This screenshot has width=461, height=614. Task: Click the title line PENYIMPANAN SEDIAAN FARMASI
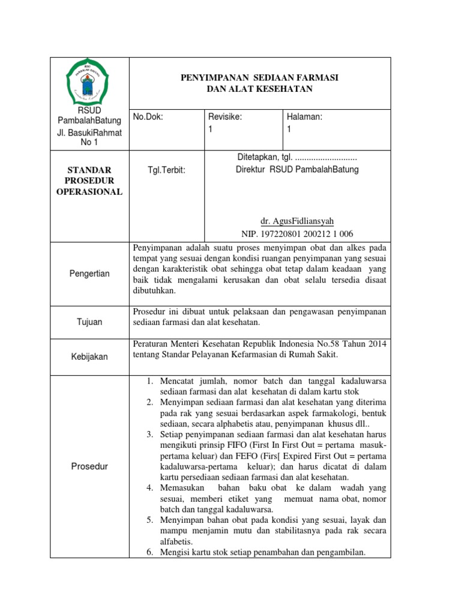260,79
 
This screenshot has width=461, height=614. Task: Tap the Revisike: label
224,118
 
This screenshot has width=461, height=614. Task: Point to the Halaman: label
304,118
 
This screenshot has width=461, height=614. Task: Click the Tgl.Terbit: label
166,170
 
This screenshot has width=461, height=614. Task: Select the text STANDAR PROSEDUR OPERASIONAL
89,180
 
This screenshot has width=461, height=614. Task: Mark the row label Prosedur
89,466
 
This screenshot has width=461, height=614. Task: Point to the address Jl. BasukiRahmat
89,133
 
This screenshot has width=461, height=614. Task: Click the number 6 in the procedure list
151,552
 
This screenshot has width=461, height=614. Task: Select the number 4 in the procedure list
151,487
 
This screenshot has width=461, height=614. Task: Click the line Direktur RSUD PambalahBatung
297,169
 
